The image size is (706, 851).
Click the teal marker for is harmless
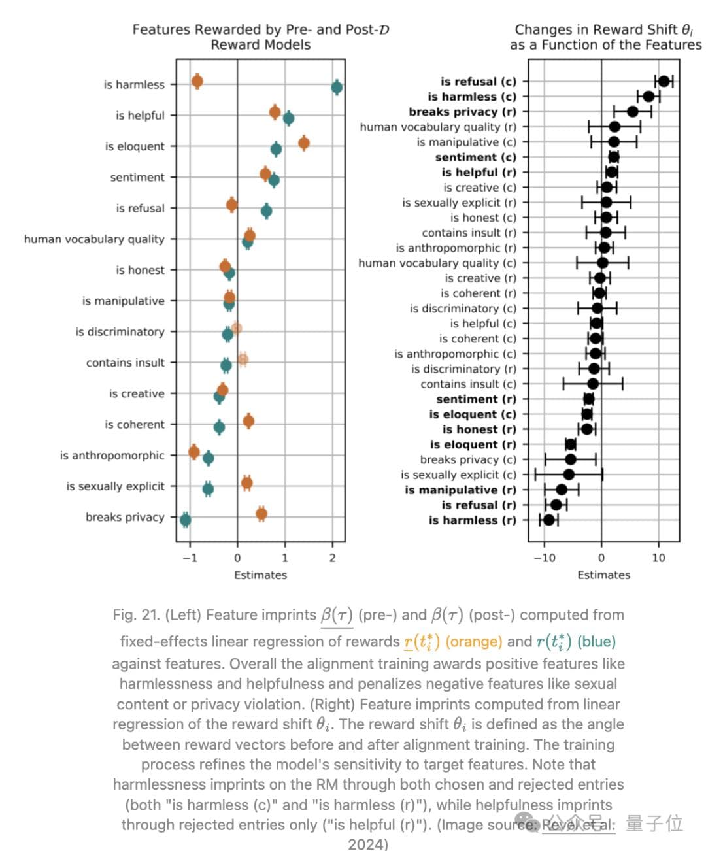point(337,87)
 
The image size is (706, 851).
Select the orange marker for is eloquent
point(303,142)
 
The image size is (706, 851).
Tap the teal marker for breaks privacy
point(186,520)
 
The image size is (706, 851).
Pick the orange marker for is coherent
point(248,421)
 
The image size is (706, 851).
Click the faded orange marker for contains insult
point(243,359)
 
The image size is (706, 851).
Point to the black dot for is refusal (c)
point(664,81)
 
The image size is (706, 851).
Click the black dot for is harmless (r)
point(549,520)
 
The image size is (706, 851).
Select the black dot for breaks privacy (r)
point(632,112)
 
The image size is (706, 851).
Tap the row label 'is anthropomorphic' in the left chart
point(112,455)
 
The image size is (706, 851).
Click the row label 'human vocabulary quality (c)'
point(437,263)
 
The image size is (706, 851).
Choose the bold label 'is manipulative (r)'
point(460,490)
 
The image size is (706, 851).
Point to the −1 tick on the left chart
point(189,558)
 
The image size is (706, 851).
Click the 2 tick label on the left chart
point(332,558)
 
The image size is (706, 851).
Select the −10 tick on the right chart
point(544,558)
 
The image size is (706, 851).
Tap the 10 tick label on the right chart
point(658,558)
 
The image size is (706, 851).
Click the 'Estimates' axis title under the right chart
point(603,575)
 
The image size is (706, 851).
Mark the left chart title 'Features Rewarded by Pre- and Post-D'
point(261,29)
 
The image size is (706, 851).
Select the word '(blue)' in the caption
point(596,641)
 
